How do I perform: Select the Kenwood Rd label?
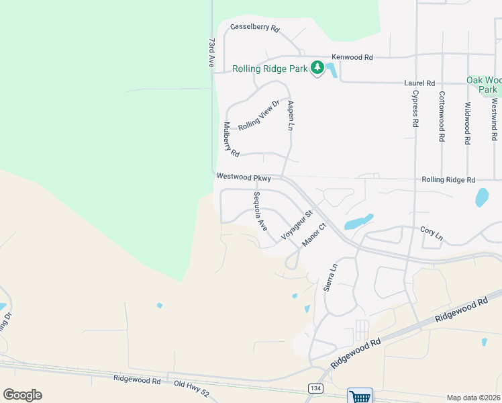352,58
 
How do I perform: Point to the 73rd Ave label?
211,52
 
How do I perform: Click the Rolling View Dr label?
258,115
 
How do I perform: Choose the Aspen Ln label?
291,115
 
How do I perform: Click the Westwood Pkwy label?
244,177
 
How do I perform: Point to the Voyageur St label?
297,225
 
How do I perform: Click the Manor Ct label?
313,234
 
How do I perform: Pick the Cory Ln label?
432,232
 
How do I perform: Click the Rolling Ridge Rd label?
448,180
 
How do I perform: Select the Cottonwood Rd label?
442,116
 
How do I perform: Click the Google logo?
22,394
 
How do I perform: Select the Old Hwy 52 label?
191,383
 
